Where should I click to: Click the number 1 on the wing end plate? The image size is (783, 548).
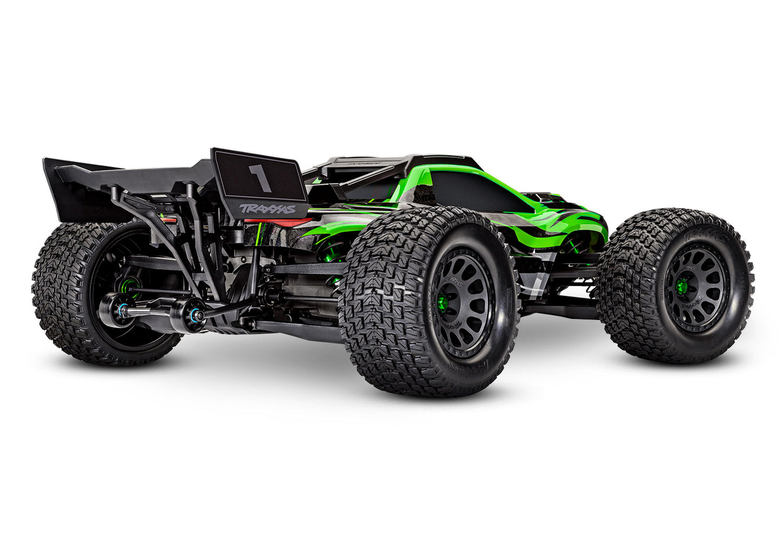click(260, 178)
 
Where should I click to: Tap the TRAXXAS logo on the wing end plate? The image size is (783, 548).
click(268, 208)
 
